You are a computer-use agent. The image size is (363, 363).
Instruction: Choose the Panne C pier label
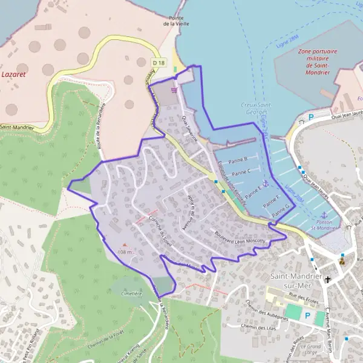click(241, 172)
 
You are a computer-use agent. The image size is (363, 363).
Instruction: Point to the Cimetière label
click(131, 293)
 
